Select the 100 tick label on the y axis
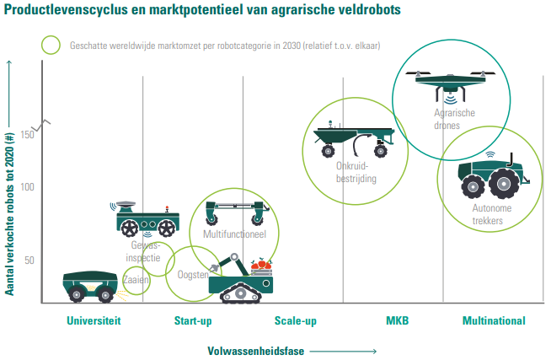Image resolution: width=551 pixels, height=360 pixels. [28, 186]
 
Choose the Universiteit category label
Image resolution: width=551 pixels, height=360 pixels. [94, 321]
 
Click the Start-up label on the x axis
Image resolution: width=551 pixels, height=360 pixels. [193, 321]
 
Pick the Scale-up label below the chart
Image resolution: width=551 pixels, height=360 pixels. [295, 321]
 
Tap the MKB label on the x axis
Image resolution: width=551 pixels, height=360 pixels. [397, 321]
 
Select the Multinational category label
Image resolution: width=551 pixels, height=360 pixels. [494, 321]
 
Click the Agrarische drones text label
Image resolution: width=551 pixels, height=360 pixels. [454, 118]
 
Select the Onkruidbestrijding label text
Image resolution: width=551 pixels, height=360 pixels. [352, 173]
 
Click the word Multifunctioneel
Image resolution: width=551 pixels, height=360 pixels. [234, 233]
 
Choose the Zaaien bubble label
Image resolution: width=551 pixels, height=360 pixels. [136, 280]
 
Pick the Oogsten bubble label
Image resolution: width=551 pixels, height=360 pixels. [193, 275]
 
